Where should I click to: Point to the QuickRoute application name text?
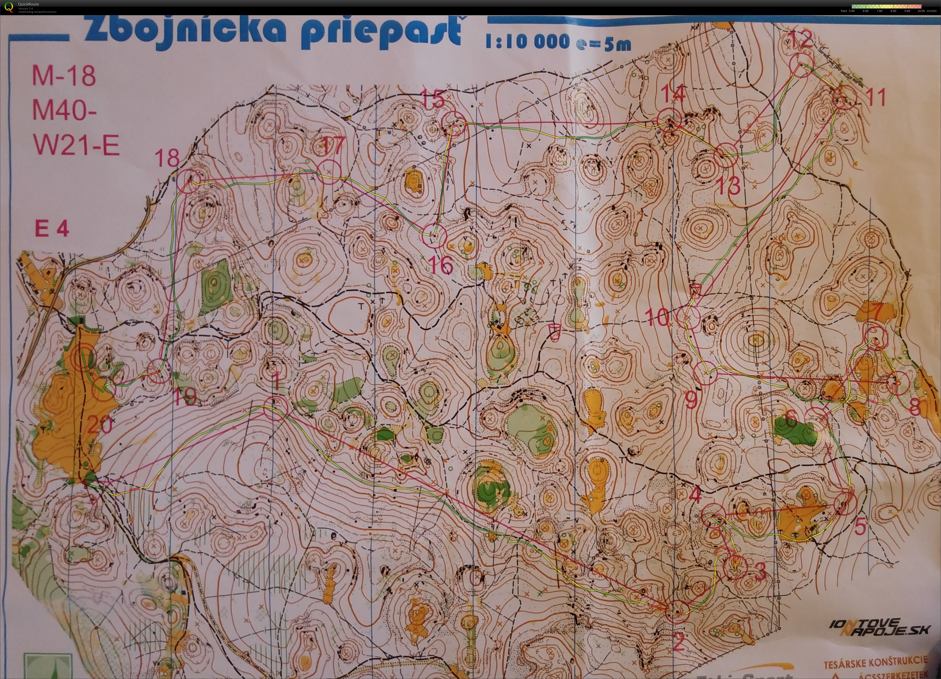pyautogui.click(x=29, y=4)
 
